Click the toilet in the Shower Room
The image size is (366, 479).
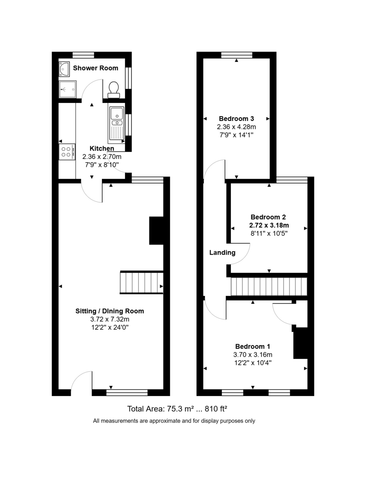click(x=113, y=89)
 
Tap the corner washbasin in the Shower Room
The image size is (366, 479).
click(x=64, y=69)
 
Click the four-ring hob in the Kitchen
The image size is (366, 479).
click(x=67, y=151)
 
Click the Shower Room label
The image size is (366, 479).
click(x=95, y=68)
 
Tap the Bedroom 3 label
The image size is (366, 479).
click(x=237, y=119)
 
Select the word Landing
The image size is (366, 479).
click(x=223, y=252)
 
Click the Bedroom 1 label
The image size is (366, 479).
click(x=253, y=346)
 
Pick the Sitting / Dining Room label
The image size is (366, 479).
click(x=110, y=311)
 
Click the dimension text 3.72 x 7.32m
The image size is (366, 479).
click(x=110, y=319)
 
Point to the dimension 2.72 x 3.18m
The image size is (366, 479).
click(x=268, y=225)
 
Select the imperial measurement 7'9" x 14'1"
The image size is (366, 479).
click(x=237, y=135)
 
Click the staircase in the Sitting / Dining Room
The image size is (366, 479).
click(x=141, y=283)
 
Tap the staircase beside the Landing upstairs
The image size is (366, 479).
click(x=269, y=287)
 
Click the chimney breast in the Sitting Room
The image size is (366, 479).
click(x=156, y=230)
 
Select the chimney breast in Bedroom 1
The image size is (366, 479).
click(x=300, y=342)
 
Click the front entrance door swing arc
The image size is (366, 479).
click(x=82, y=381)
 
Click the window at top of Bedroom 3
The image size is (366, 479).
click(x=237, y=55)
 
